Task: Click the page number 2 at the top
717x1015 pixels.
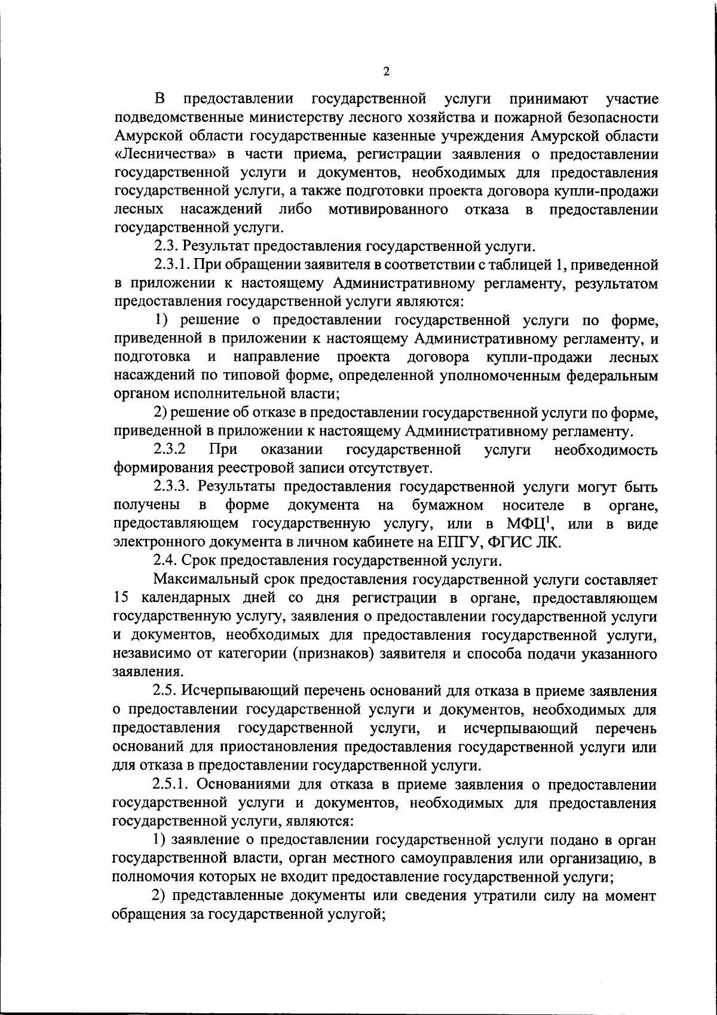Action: click(x=386, y=72)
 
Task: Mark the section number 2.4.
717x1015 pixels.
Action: click(x=165, y=561)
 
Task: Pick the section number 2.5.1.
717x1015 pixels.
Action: click(x=173, y=784)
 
